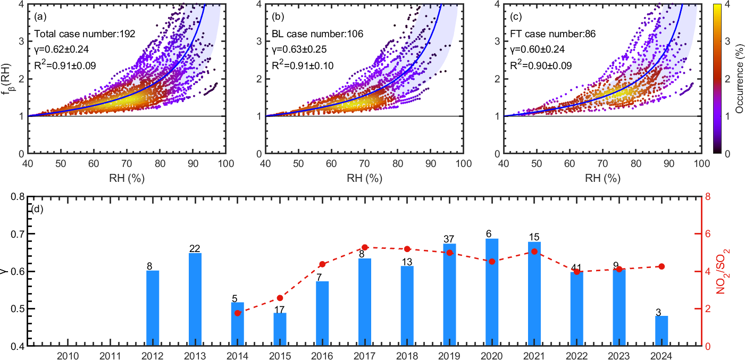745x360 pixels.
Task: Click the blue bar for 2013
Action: pos(195,299)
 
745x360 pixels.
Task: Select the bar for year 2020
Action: pos(492,292)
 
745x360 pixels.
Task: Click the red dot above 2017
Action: pos(365,247)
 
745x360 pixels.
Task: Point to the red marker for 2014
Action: pos(238,313)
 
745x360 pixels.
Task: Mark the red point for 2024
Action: pos(662,266)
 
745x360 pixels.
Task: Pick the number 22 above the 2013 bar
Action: pos(195,249)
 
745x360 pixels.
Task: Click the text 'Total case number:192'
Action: pos(85,34)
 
